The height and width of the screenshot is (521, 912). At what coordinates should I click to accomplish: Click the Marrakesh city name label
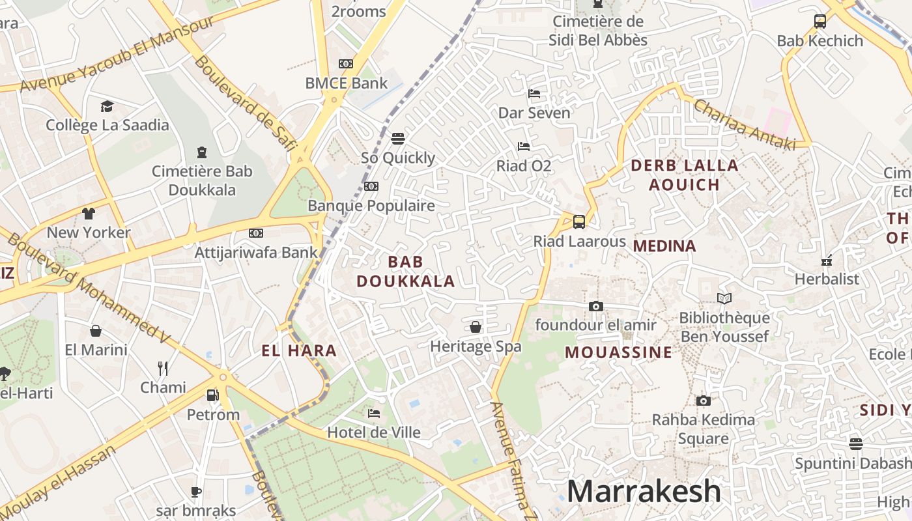[x=644, y=492]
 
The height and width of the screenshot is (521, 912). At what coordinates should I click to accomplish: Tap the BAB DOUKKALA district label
[x=405, y=272]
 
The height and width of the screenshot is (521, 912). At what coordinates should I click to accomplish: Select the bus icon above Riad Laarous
[x=578, y=222]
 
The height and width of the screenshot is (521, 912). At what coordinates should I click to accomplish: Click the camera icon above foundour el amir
[x=595, y=306]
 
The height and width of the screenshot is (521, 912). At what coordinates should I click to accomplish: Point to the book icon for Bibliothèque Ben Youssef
[x=724, y=299]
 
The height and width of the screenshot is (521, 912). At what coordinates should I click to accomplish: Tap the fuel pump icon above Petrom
[x=212, y=395]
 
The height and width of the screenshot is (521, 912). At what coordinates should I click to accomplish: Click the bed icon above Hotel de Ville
[x=374, y=413]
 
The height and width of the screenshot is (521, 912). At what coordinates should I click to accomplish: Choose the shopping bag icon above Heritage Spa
[x=476, y=327]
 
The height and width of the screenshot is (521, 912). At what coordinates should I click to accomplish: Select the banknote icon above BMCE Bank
[x=346, y=64]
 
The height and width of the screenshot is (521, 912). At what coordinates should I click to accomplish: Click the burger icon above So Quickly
[x=397, y=138]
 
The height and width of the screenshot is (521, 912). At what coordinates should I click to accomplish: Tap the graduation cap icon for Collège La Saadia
[x=107, y=106]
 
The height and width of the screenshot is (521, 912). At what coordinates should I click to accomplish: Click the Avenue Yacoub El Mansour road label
[x=117, y=54]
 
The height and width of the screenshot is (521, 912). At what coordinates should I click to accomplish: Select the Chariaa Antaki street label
[x=745, y=124]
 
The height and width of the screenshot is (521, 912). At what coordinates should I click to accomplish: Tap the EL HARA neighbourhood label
[x=299, y=351]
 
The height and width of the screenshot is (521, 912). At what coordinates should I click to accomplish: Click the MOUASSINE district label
[x=618, y=353]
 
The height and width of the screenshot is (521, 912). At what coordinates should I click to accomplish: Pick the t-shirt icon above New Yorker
[x=89, y=213]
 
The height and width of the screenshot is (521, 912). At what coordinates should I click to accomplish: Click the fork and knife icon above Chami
[x=163, y=369]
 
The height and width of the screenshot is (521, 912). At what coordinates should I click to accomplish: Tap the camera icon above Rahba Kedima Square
[x=703, y=401]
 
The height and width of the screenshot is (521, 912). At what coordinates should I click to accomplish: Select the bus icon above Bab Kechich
[x=819, y=21]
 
